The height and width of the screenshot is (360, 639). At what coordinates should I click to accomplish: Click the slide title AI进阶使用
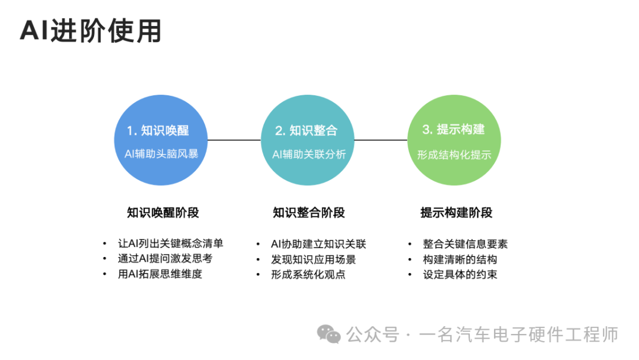pyautogui.click(x=91, y=31)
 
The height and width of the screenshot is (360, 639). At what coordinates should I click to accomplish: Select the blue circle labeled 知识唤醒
pyautogui.click(x=160, y=140)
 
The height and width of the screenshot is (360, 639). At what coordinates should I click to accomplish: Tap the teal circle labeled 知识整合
pyautogui.click(x=307, y=140)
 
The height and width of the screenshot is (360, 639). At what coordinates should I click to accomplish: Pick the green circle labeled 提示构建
pyautogui.click(x=454, y=140)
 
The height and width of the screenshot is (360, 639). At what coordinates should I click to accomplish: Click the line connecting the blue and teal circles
pyautogui.click(x=234, y=140)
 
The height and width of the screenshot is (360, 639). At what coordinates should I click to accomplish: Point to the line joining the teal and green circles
pyautogui.click(x=381, y=140)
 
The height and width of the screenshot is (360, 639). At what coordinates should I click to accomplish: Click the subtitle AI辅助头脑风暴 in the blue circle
pyautogui.click(x=162, y=154)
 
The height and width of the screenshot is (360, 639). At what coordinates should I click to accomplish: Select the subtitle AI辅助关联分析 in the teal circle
pyautogui.click(x=309, y=154)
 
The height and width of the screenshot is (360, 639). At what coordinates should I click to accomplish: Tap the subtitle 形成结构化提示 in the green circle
pyautogui.click(x=454, y=155)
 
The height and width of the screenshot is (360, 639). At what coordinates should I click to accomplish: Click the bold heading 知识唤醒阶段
pyautogui.click(x=163, y=213)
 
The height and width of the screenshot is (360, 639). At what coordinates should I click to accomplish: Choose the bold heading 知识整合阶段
pyautogui.click(x=309, y=213)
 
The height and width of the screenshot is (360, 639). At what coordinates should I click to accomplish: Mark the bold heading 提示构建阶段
pyautogui.click(x=456, y=213)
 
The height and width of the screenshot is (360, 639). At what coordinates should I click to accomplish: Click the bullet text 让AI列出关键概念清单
pyautogui.click(x=171, y=243)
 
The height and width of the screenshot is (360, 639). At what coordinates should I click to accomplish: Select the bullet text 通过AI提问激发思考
pyautogui.click(x=165, y=259)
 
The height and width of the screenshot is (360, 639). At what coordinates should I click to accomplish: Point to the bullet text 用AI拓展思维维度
pyautogui.click(x=160, y=274)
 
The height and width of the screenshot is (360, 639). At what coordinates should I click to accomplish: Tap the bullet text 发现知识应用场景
pyautogui.click(x=314, y=259)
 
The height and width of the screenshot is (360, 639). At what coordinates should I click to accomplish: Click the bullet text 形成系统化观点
pyautogui.click(x=308, y=274)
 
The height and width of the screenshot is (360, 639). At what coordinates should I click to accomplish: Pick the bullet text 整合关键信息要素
pyautogui.click(x=466, y=244)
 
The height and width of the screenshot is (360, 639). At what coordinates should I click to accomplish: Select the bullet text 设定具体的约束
pyautogui.click(x=460, y=274)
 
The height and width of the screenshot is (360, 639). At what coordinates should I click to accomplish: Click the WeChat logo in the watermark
pyautogui.click(x=329, y=335)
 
